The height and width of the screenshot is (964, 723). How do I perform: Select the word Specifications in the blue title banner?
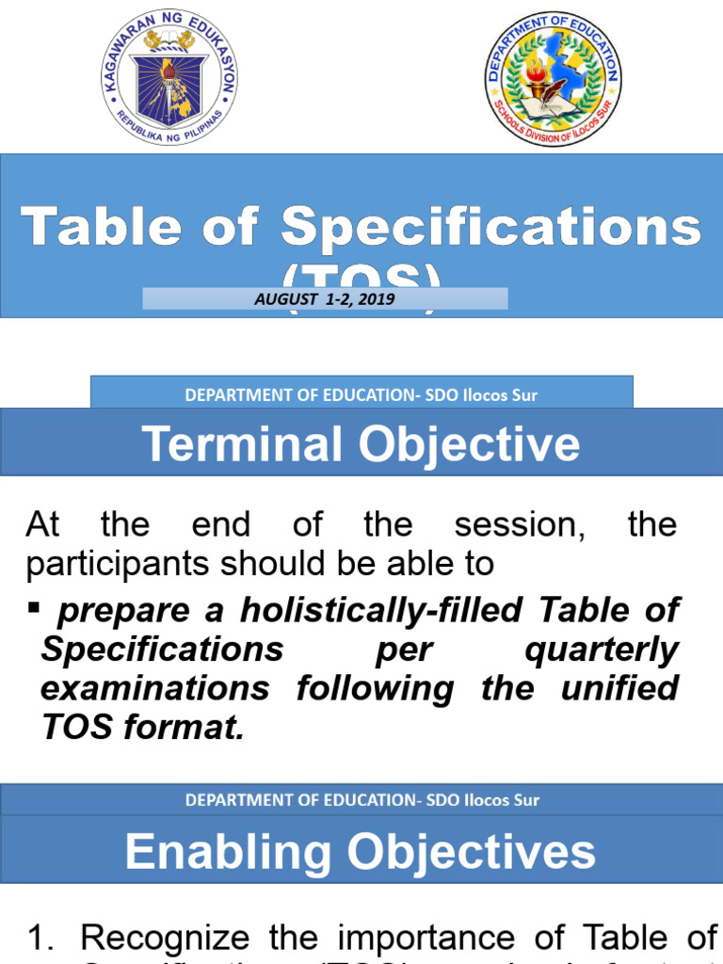[x=490, y=228]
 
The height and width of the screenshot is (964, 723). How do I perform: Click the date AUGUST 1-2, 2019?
[x=325, y=299]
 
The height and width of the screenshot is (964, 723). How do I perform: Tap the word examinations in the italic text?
[x=154, y=688]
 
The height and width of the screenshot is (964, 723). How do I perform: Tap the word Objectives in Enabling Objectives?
[x=470, y=852]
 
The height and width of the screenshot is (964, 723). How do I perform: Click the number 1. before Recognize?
[x=44, y=939]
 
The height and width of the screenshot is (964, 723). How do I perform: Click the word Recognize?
[x=166, y=939]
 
